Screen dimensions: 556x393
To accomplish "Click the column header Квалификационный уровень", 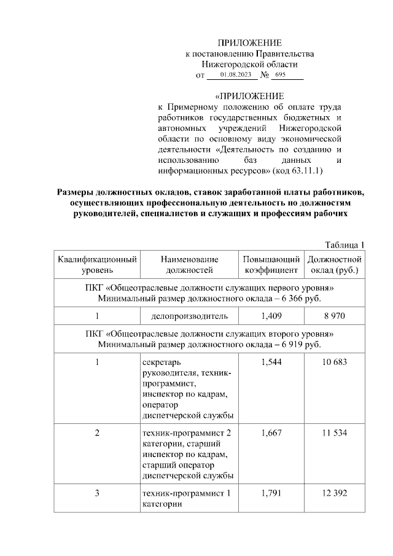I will pyautogui.click(x=97, y=264).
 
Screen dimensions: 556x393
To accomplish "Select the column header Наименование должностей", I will pyautogui.click(x=189, y=264).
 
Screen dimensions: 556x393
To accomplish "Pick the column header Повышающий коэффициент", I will pyautogui.click(x=271, y=264).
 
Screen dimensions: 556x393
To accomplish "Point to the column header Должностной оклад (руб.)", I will pyautogui.click(x=335, y=264).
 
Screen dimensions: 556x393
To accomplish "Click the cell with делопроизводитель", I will pyautogui.click(x=189, y=316).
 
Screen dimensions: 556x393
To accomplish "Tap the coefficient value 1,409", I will pyautogui.click(x=271, y=316).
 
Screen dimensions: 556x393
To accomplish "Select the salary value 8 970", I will pyautogui.click(x=335, y=316).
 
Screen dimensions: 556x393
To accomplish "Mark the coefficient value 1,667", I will pyautogui.click(x=271, y=433).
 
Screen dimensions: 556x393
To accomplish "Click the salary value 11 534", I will pyautogui.click(x=335, y=433).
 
